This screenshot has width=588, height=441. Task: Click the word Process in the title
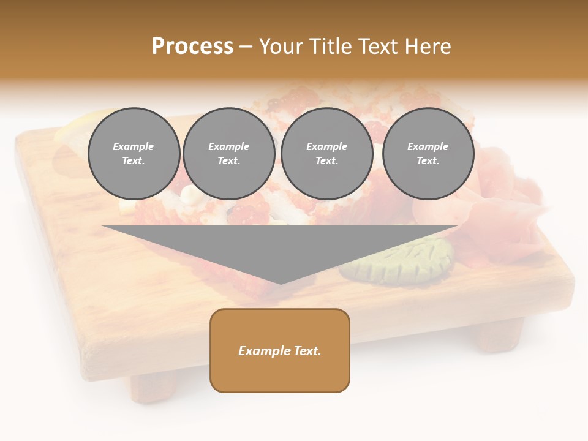coord(192,47)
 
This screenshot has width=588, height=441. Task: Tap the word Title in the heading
coord(330,47)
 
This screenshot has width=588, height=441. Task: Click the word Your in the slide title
coord(282,47)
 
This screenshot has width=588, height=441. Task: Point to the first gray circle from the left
coord(134,154)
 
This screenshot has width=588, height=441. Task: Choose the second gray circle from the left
coord(228,154)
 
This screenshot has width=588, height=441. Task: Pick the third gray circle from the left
coord(326,154)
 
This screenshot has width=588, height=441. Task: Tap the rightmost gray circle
coord(428,154)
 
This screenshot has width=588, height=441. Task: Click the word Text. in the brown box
coord(307,351)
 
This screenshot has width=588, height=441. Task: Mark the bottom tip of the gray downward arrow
coord(281,283)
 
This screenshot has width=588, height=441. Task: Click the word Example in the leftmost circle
coord(134,146)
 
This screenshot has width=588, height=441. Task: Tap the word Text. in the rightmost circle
coord(428,161)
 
